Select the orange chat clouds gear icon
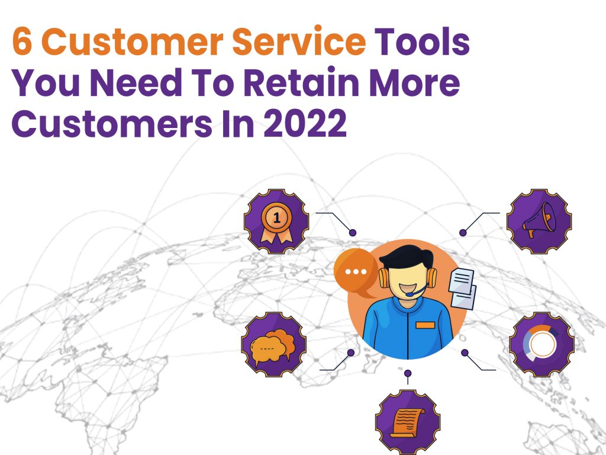(273, 345)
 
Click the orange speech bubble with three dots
(356, 272)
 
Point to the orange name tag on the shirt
(425, 325)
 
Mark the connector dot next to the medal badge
(353, 232)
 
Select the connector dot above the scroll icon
(408, 373)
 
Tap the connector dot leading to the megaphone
(463, 233)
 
